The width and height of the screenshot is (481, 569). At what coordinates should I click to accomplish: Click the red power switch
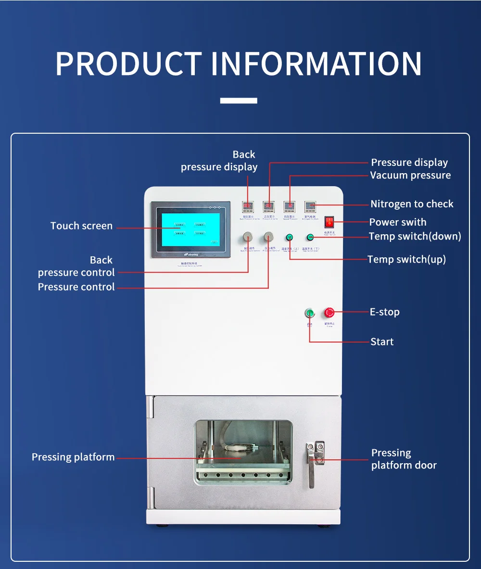[x=329, y=222]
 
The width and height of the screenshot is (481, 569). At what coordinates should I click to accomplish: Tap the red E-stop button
[x=329, y=313]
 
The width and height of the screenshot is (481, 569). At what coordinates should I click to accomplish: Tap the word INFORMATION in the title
[x=316, y=64]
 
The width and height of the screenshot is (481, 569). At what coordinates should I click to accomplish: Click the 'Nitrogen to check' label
[x=412, y=204]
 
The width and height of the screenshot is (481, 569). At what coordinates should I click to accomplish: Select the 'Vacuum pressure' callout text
[x=410, y=176]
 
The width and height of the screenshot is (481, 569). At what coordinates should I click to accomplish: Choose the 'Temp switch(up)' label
[x=406, y=259]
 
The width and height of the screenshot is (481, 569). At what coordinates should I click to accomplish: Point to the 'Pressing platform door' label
[x=404, y=459]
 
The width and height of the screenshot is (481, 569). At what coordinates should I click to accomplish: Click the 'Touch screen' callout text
[x=81, y=226]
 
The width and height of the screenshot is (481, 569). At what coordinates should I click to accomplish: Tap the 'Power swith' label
[x=397, y=222]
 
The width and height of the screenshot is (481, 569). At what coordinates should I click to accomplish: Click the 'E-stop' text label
[x=384, y=312]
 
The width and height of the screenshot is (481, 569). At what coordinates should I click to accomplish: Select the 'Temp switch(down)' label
[x=415, y=236]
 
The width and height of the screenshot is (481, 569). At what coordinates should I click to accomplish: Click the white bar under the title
[x=239, y=101]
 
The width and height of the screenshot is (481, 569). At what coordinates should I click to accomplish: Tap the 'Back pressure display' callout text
[x=219, y=161]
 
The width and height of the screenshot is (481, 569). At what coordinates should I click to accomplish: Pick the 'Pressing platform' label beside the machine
[x=73, y=457]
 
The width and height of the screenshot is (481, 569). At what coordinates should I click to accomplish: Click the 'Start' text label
[x=382, y=342]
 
